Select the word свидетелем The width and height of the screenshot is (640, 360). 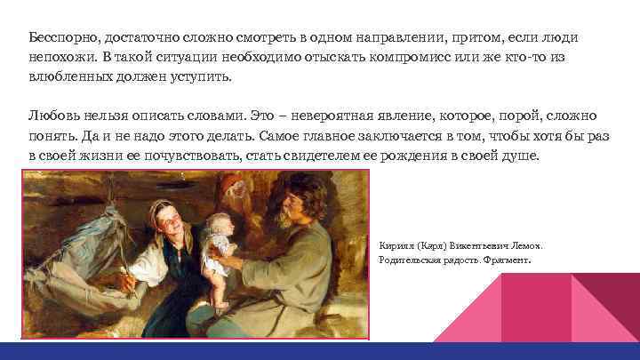point(377,156)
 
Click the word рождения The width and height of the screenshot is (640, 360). point(458,156)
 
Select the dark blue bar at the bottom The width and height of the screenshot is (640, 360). point(320,350)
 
